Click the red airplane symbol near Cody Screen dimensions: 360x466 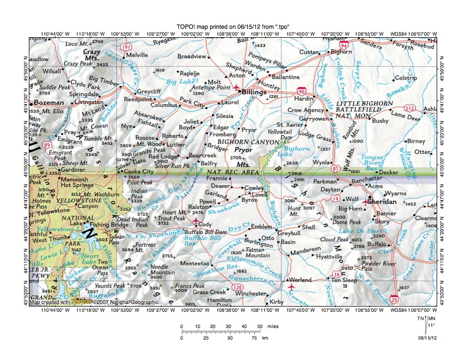(x=196, y=222)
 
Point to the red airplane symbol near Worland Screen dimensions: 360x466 (x=292, y=287)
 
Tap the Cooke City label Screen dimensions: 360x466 (x=139, y=171)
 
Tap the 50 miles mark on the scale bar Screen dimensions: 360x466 (x=259, y=326)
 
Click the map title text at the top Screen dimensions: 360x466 (x=233, y=27)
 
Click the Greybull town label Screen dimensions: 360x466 (x=289, y=232)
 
